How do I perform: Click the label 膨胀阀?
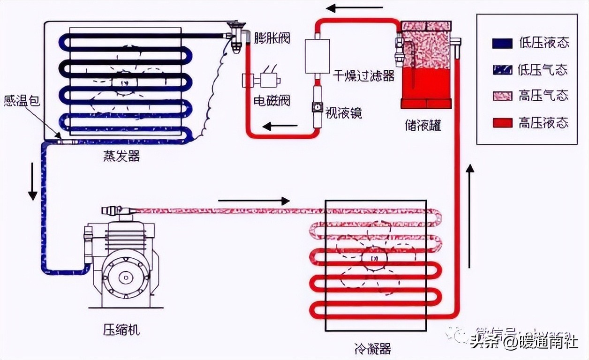(272, 37)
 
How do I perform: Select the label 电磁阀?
(272, 100)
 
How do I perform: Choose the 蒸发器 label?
(121, 156)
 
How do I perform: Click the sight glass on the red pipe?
(317, 108)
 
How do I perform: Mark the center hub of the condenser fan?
(374, 259)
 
